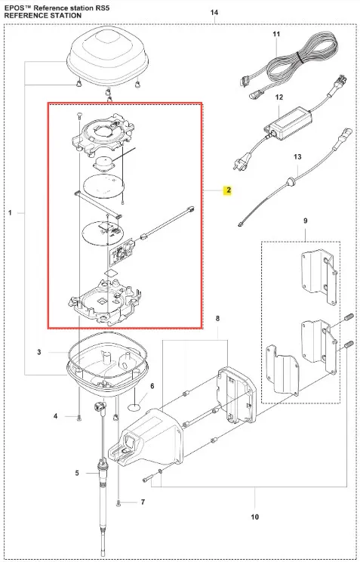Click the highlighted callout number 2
[x=229, y=190]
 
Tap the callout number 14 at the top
[x=214, y=13]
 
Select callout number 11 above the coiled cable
[x=276, y=34]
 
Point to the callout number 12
[x=279, y=97]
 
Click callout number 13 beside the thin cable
[x=297, y=156]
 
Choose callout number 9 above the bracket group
[x=305, y=221]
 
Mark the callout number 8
[x=217, y=318]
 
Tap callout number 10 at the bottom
[x=254, y=517]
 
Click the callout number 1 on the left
[x=10, y=213]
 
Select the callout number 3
[x=39, y=352]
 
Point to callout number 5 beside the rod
[x=77, y=474]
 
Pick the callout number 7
[x=143, y=502]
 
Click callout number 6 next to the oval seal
[x=152, y=386]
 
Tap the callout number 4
[x=56, y=416]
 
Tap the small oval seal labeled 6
[x=134, y=407]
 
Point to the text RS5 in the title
[x=103, y=8]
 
